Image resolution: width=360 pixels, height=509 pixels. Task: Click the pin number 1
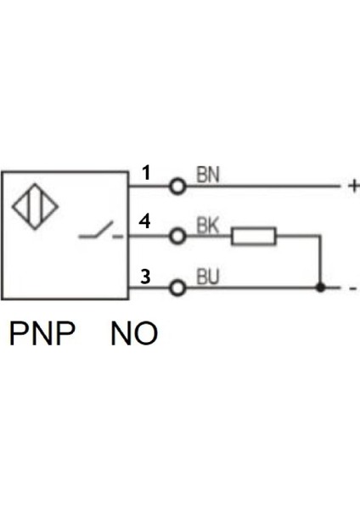[x=146, y=173]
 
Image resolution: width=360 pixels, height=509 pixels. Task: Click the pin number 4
[x=145, y=222]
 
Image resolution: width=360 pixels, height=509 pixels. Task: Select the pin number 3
[x=145, y=276]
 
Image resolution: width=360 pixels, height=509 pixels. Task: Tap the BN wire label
[x=208, y=175]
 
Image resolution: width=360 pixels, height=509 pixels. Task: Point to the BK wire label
[x=208, y=226]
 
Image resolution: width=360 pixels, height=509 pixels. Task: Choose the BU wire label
[x=208, y=277]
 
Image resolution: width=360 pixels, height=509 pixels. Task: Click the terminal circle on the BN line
[x=177, y=186]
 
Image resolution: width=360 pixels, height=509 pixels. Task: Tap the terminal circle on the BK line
[x=177, y=237]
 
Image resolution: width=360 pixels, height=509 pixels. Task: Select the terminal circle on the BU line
[x=177, y=288]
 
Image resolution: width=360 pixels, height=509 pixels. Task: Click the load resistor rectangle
[x=254, y=237]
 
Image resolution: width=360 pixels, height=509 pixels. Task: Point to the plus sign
[x=353, y=186]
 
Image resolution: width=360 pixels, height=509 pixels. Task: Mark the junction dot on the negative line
[x=319, y=288]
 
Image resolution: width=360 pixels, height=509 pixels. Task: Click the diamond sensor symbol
[x=35, y=207]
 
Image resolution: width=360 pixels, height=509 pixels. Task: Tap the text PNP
[x=42, y=333]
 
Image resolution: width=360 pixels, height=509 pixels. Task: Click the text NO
[x=134, y=333]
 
